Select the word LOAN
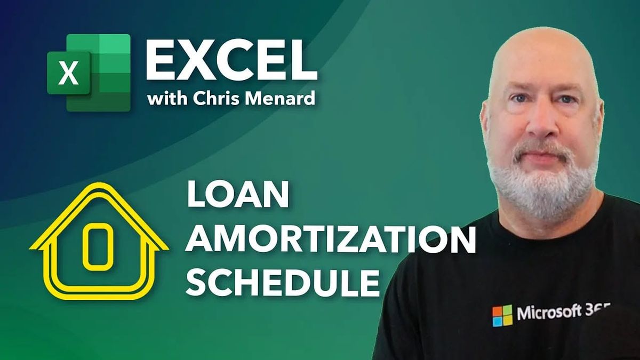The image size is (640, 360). (x=237, y=197)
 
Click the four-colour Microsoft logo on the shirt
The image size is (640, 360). (x=502, y=315)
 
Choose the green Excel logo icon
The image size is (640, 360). (x=89, y=73)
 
